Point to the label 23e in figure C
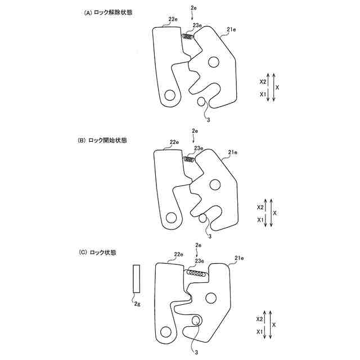199,261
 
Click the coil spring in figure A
188,38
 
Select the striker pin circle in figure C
197,321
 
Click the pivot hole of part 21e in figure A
213,61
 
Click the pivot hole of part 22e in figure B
170,217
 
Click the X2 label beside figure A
263,82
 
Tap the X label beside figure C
274,326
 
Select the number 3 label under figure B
209,237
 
